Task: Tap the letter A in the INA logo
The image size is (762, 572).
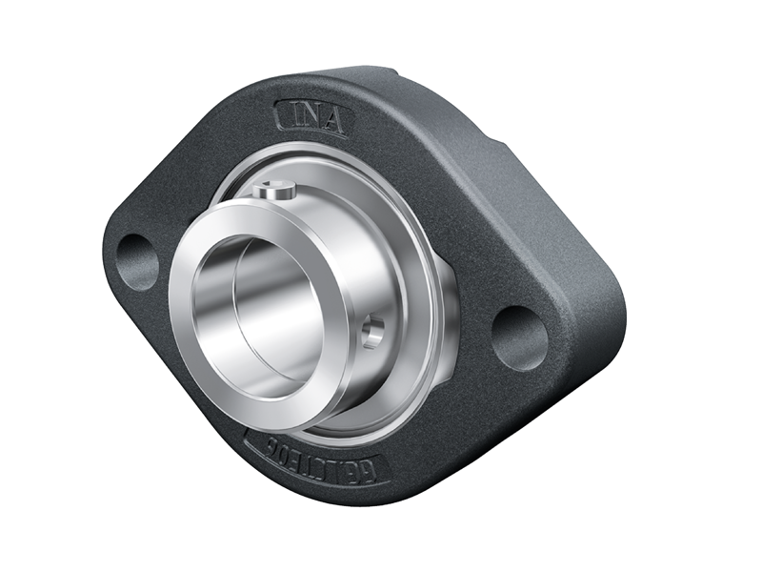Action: click(333, 122)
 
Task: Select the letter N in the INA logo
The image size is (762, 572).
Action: click(310, 119)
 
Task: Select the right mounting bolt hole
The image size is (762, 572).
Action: click(520, 337)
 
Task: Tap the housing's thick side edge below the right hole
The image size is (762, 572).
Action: click(571, 381)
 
